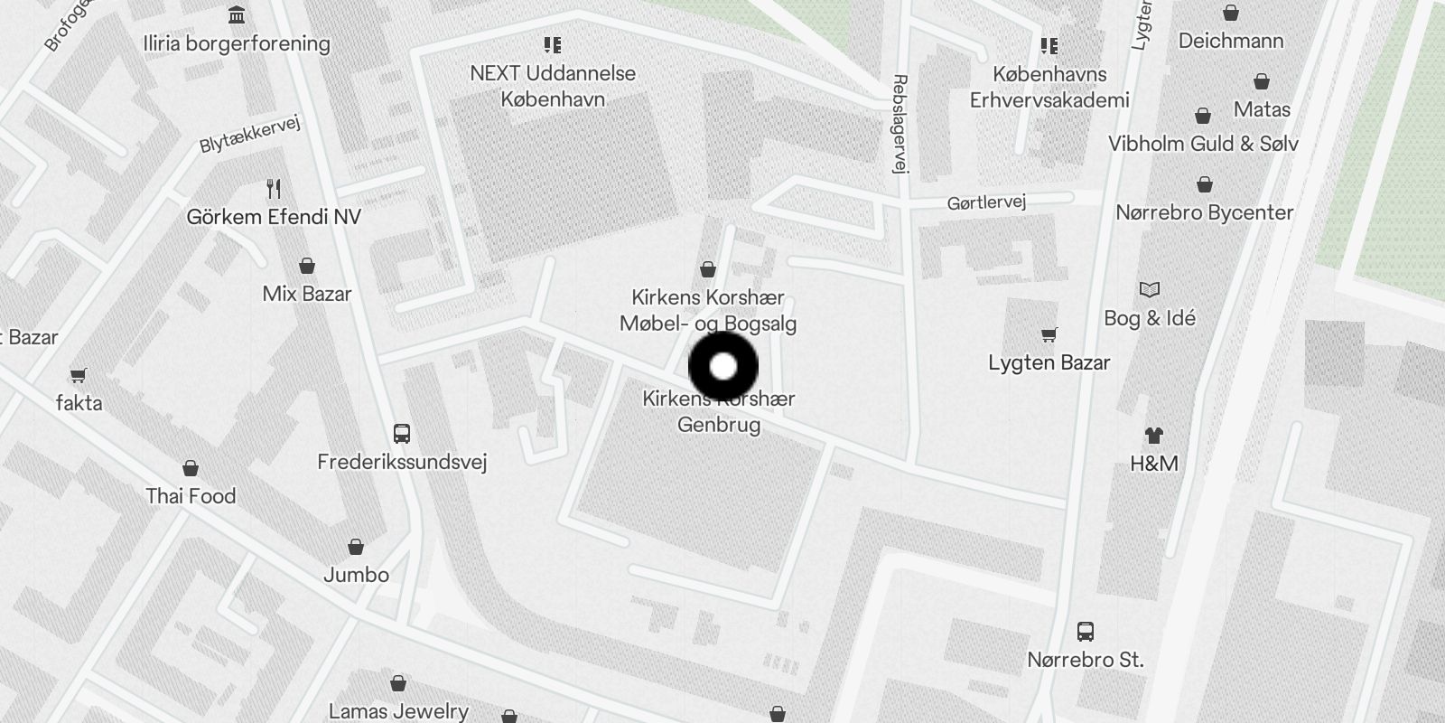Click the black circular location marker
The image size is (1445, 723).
click(x=723, y=367)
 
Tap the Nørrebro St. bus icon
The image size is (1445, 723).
click(x=1086, y=632)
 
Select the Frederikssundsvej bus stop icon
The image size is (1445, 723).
click(x=402, y=434)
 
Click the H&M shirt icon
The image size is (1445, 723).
click(x=1153, y=436)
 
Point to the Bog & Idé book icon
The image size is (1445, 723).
click(x=1149, y=290)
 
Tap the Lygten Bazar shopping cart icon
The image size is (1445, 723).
click(x=1049, y=335)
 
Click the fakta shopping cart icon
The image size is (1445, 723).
click(x=79, y=375)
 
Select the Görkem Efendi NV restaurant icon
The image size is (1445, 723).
click(x=274, y=189)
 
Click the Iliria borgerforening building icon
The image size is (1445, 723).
click(x=237, y=15)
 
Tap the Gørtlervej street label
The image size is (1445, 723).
click(x=986, y=202)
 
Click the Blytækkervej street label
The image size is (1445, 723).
click(x=249, y=135)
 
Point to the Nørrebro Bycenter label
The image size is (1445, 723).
click(x=1205, y=213)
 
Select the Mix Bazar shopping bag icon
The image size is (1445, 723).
click(x=307, y=266)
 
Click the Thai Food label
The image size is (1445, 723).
click(x=191, y=496)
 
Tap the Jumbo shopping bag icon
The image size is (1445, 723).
click(x=356, y=547)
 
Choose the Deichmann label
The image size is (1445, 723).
click(x=1230, y=41)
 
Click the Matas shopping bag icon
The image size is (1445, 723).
click(x=1262, y=82)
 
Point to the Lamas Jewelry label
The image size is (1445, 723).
click(x=398, y=711)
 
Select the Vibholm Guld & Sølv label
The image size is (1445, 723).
click(x=1203, y=144)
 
